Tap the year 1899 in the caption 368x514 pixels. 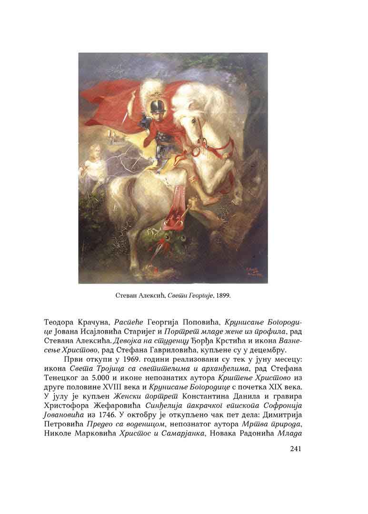[x=222, y=296]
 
